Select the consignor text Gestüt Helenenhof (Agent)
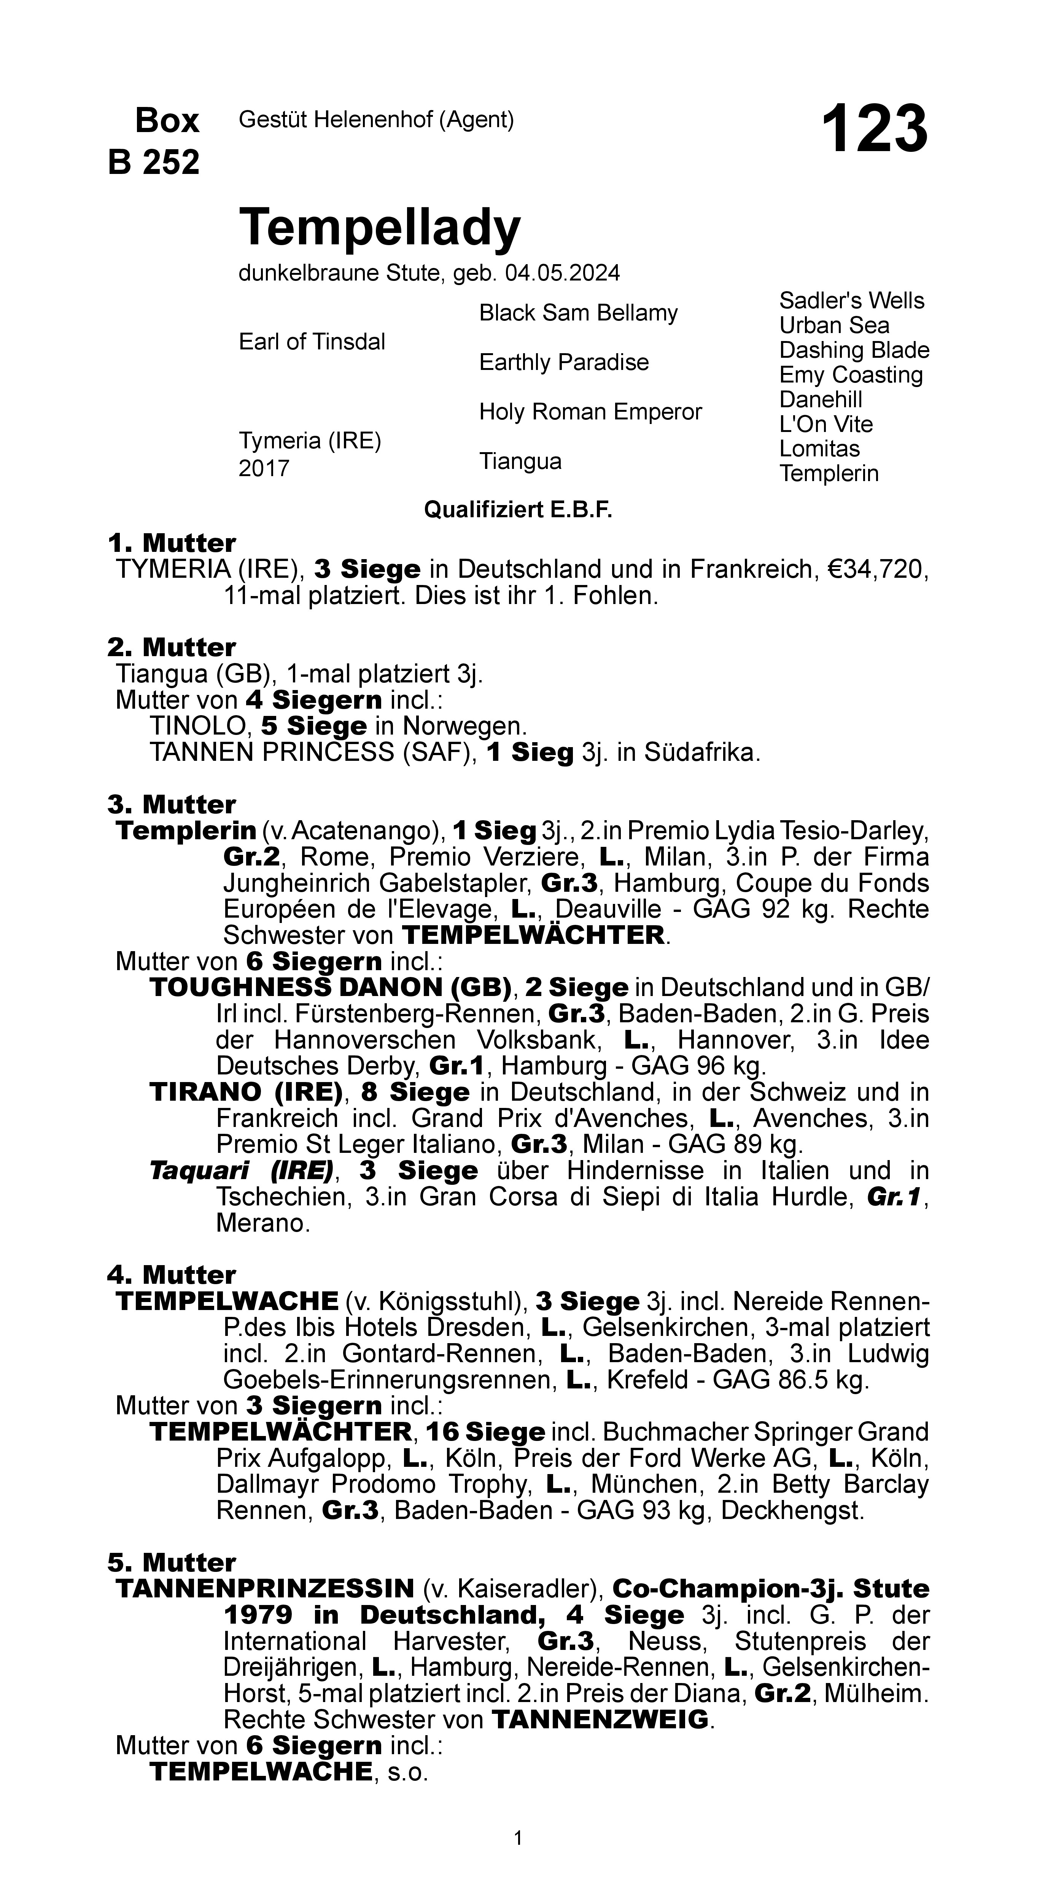pos(376,120)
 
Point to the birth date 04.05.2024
pos(562,273)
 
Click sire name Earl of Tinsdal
pos(312,342)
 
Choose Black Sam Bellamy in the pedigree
pos(578,313)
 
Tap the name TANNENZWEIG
pos(600,1720)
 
